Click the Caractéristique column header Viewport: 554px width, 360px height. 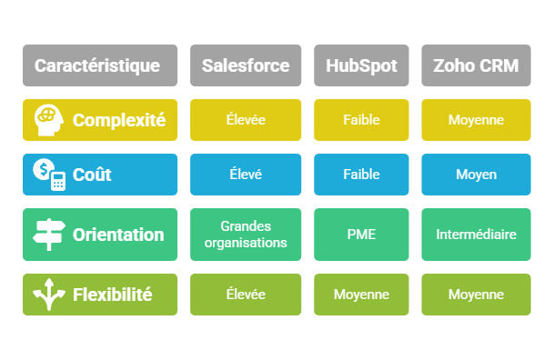97,65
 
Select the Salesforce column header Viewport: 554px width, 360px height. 246,65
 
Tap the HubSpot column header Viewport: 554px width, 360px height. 361,65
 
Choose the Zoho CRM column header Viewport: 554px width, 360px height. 475,65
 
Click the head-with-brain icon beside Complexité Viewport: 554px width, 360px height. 49,119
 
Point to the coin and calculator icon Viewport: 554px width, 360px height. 50,174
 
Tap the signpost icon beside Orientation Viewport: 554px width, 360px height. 49,235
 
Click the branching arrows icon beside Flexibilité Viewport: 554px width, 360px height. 49,294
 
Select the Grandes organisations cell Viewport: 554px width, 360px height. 246,235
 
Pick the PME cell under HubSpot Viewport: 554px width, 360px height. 361,235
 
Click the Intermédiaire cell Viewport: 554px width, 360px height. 475,235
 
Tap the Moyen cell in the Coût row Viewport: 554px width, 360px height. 475,174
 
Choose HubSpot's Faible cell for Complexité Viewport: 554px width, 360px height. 361,119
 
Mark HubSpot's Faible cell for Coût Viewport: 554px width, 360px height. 361,174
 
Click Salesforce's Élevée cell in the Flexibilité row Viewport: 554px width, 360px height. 246,294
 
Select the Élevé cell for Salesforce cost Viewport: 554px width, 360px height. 246,174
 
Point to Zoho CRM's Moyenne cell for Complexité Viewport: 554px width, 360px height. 475,119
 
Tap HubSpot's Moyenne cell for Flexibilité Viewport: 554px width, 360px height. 361,294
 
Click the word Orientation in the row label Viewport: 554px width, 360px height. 118,235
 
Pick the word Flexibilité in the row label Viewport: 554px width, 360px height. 112,294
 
